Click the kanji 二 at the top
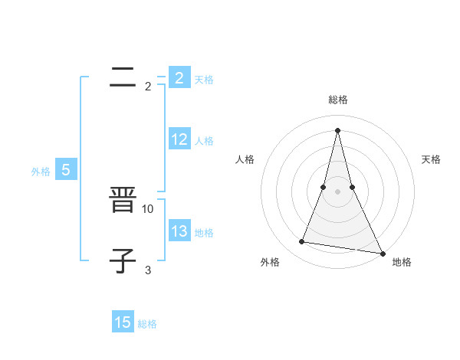point(123,77)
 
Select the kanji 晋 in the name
point(123,202)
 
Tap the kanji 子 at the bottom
point(123,259)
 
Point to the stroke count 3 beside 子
point(148,270)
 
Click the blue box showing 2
point(179,78)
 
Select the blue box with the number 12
point(179,139)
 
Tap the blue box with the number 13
point(179,231)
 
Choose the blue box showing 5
point(66,170)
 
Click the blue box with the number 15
point(123,322)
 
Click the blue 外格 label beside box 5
point(41,172)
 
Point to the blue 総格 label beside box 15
point(147,324)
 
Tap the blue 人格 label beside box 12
point(204,141)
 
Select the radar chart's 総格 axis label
point(337,100)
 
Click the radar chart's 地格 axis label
point(402,263)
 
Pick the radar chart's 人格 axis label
point(245,159)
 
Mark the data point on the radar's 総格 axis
point(337,129)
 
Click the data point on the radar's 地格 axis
point(381,254)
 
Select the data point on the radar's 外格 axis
point(302,242)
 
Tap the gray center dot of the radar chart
point(337,191)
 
